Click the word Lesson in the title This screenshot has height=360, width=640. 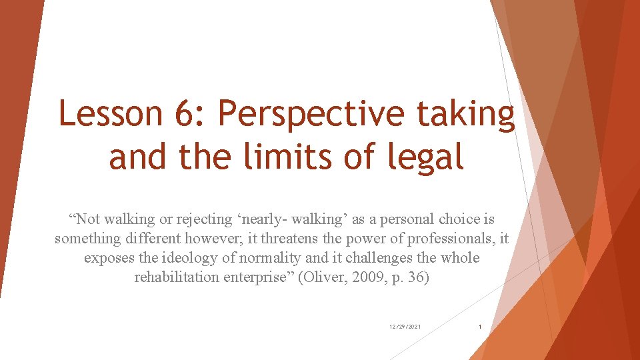tap(110, 114)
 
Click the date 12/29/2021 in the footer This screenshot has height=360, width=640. tap(405, 327)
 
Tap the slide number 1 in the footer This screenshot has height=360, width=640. tap(480, 327)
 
